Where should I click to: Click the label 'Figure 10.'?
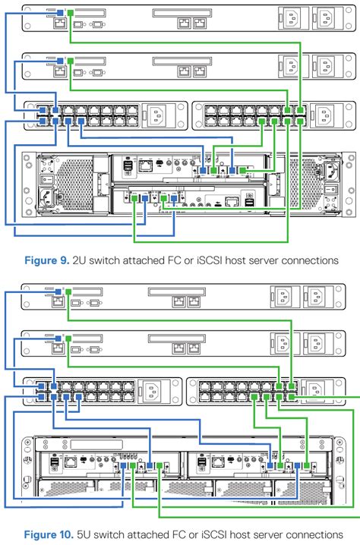(49, 534)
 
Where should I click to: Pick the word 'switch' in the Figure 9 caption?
(107, 260)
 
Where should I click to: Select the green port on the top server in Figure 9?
(69, 13)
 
